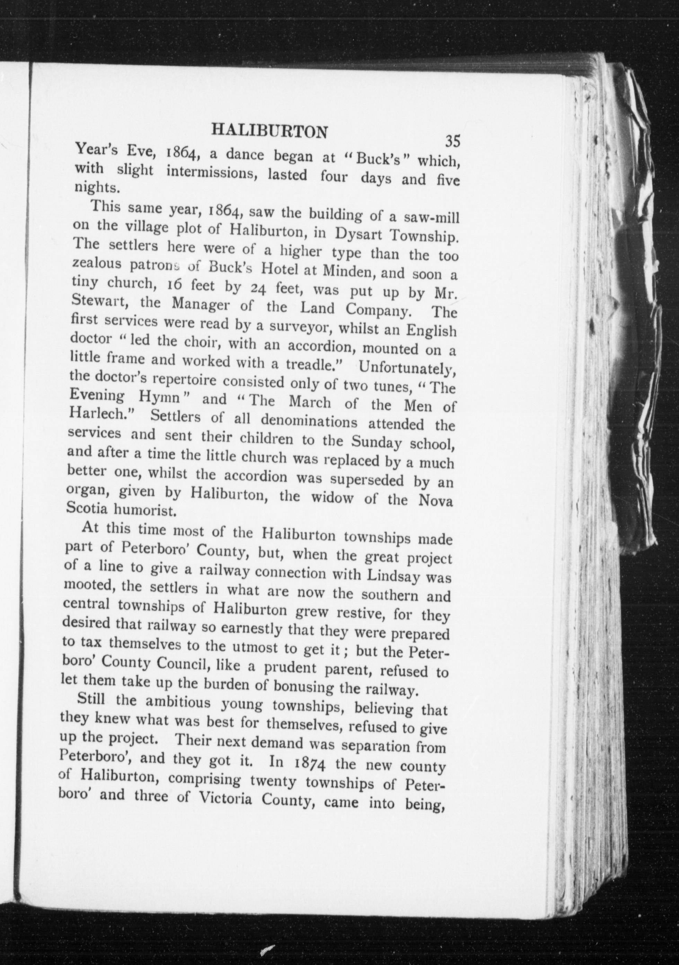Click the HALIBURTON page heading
coord(269,131)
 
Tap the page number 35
coord(453,140)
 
